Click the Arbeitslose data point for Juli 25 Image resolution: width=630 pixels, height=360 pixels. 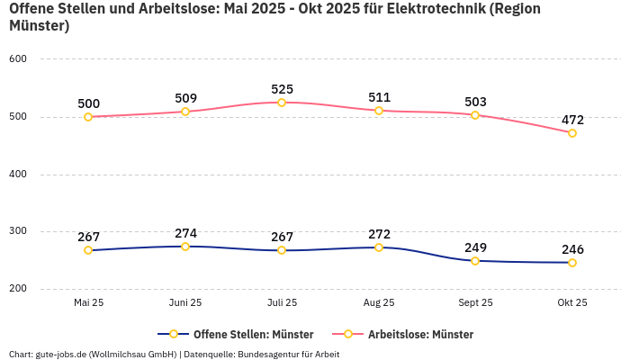point(282,103)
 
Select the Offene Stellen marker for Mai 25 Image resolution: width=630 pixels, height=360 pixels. point(88,250)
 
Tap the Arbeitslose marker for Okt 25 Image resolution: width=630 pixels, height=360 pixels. point(572,133)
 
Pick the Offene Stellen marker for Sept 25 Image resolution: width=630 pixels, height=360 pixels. point(475,261)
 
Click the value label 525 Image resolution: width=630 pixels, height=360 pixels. point(282,89)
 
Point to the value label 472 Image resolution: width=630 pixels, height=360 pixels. point(572,120)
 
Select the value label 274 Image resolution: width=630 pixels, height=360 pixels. point(185,233)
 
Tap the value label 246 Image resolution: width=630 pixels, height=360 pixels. point(572,249)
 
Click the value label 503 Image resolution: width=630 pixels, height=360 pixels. point(475,102)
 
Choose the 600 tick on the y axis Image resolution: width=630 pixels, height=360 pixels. point(19,59)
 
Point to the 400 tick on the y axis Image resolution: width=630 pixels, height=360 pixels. point(19,175)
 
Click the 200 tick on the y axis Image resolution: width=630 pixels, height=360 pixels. point(19,289)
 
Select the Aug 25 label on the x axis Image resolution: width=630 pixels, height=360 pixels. point(379,303)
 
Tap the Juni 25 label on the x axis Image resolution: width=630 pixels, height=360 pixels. point(185,303)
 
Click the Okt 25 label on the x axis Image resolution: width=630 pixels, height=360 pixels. point(572,303)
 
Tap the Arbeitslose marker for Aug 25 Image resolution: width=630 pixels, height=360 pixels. point(379,111)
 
